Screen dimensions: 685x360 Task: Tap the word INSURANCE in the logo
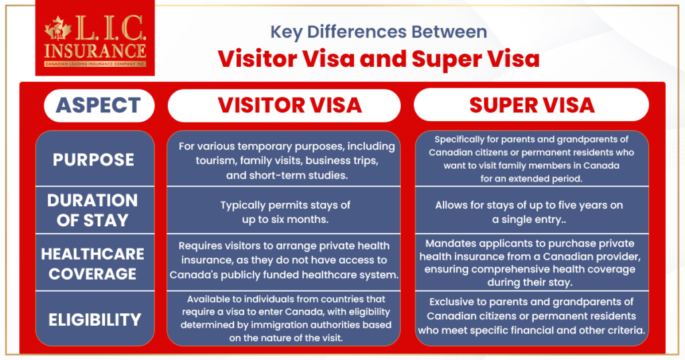(x=95, y=51)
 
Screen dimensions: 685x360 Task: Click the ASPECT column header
(x=99, y=105)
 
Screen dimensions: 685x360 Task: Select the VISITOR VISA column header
(x=284, y=105)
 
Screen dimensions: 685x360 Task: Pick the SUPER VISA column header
(x=531, y=105)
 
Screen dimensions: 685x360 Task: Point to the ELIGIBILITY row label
(x=95, y=319)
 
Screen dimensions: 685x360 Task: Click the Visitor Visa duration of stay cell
(x=284, y=210)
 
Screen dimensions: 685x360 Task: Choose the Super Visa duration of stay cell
(x=532, y=210)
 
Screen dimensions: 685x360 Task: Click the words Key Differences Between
(x=379, y=32)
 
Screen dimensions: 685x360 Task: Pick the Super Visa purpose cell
(x=532, y=159)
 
